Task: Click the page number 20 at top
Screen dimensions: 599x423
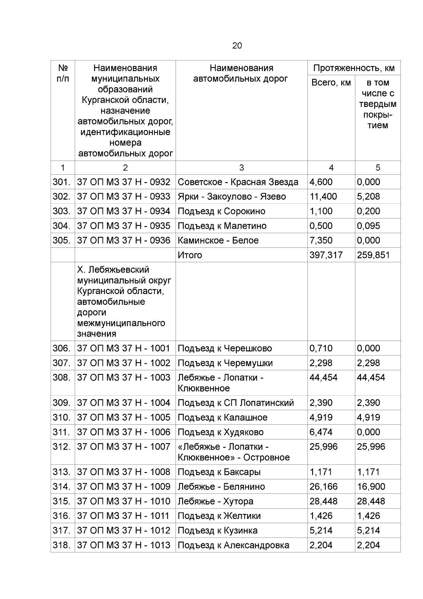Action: [237, 46]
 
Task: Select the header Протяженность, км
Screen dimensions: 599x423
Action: [354, 68]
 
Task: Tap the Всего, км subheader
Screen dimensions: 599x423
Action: [331, 83]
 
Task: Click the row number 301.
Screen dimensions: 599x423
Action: [62, 182]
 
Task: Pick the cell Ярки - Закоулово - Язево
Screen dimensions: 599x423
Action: [232, 197]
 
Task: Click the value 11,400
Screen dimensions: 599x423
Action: [323, 197]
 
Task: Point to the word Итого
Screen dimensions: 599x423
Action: [190, 255]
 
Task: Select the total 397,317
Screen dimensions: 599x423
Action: [326, 255]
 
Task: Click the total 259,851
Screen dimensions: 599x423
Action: [373, 255]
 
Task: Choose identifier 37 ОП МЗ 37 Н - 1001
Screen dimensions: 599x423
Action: [124, 348]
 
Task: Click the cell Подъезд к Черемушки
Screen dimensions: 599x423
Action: [225, 363]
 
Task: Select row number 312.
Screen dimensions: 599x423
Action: [62, 447]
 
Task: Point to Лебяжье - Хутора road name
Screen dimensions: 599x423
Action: [215, 501]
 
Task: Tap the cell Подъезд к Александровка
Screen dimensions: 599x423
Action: [233, 545]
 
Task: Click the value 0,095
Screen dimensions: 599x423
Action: [368, 226]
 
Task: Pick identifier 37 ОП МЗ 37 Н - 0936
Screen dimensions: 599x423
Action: [124, 240]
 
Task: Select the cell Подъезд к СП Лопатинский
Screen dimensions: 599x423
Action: [235, 403]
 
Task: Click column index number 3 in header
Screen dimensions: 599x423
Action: [241, 168]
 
